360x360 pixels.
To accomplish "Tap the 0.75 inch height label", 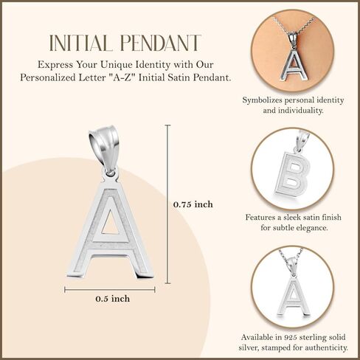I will [x=193, y=204].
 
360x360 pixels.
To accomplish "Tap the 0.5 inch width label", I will [x=112, y=298].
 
